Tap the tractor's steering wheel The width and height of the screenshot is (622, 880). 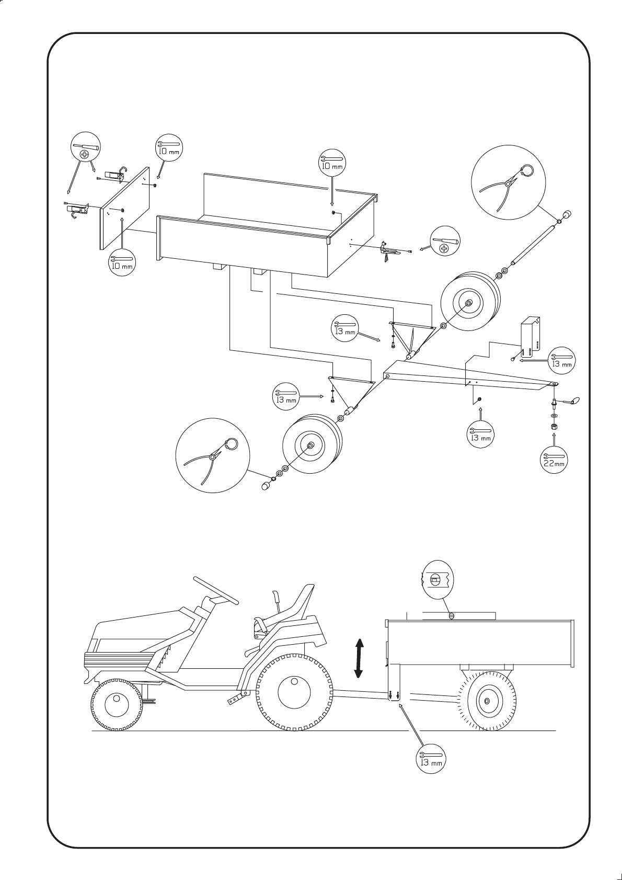(x=215, y=589)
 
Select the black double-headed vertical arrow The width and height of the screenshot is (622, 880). (x=359, y=658)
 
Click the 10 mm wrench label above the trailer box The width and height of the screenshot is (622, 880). (x=331, y=163)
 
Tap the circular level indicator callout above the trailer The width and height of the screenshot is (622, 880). (x=437, y=578)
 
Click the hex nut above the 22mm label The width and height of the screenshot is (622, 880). (x=554, y=427)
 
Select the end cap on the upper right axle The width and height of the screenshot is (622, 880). (x=567, y=214)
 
